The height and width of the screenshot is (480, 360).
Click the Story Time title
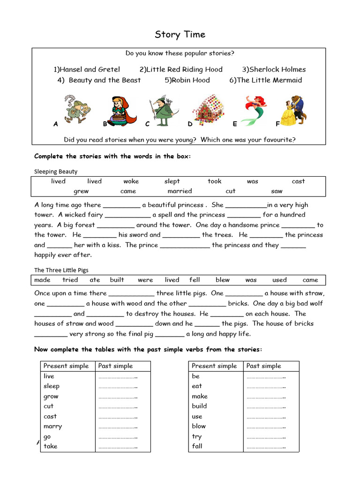click(x=180, y=35)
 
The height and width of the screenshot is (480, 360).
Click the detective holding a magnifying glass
click(x=76, y=109)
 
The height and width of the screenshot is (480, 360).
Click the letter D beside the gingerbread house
click(x=190, y=124)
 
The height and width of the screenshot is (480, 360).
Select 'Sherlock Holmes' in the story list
click(x=274, y=69)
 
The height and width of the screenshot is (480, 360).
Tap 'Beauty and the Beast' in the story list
click(x=99, y=80)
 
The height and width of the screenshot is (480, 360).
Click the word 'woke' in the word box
click(x=131, y=181)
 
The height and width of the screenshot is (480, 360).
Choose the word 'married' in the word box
click(x=180, y=191)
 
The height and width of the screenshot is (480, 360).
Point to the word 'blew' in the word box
click(x=223, y=280)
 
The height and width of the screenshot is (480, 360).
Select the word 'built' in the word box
click(x=117, y=280)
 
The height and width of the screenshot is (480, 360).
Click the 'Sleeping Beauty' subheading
click(x=56, y=172)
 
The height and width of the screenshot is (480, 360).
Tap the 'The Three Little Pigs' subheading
click(x=61, y=270)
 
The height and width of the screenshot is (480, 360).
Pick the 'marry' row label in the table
click(x=52, y=426)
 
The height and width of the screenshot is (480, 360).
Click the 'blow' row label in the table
click(x=199, y=426)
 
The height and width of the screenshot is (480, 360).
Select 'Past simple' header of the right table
click(x=263, y=366)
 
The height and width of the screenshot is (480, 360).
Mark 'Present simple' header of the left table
click(x=66, y=366)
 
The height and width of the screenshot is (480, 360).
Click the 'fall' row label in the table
click(x=197, y=446)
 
